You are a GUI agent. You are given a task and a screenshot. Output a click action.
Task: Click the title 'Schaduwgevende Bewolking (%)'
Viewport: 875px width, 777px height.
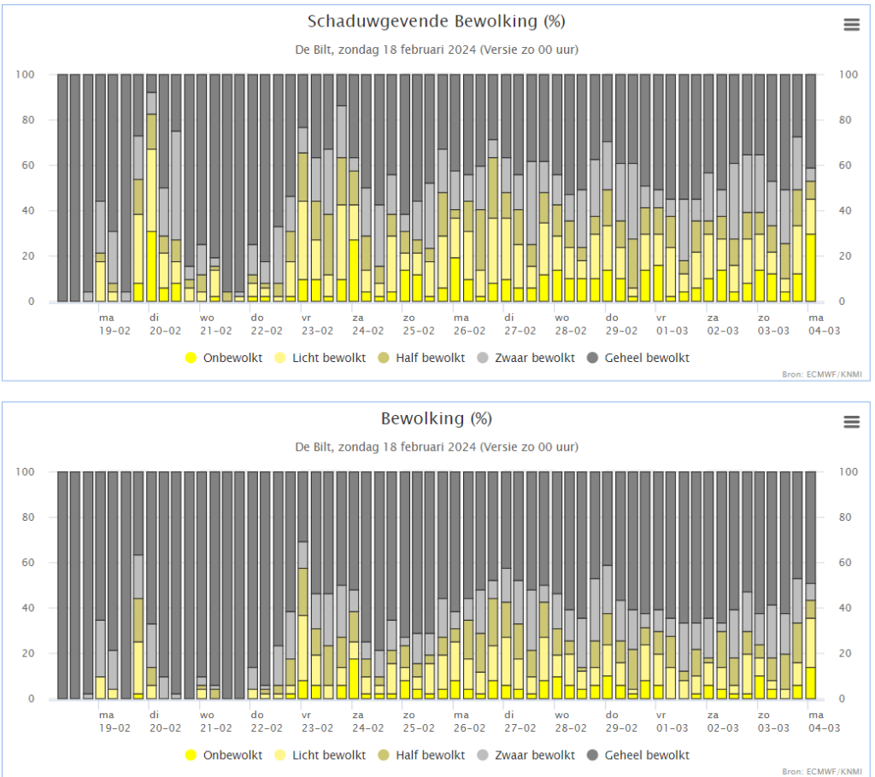point(437,21)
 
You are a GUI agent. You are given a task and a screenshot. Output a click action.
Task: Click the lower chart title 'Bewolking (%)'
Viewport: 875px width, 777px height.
point(437,419)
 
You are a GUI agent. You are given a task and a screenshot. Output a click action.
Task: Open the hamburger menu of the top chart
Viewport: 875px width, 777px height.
point(852,25)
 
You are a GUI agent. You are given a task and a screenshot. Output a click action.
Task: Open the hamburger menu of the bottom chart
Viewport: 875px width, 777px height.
point(852,422)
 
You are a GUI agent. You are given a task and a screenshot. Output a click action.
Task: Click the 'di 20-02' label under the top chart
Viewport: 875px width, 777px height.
point(165,324)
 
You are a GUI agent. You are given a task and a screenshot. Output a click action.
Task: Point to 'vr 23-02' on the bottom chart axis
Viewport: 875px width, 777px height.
point(318,721)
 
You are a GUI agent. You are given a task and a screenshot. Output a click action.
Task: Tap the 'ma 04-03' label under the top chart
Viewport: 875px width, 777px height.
point(825,324)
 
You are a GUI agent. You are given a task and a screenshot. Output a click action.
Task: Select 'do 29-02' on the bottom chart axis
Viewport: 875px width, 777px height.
point(622,721)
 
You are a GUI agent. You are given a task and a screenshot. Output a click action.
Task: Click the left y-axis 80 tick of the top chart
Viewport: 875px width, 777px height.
point(28,120)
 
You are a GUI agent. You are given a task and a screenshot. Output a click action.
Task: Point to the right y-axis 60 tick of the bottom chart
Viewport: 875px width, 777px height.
point(845,562)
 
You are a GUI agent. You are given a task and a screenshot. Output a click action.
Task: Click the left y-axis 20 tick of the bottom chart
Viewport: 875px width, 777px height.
point(28,653)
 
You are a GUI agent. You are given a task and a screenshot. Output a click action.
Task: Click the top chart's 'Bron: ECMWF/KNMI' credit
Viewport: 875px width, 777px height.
point(822,374)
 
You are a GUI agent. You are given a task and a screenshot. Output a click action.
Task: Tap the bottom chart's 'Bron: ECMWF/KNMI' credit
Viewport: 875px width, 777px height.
point(822,771)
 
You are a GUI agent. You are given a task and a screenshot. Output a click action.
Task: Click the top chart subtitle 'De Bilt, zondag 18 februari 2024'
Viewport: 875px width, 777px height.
point(385,50)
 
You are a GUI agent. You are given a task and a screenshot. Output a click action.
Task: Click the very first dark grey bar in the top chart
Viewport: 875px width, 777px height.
point(62,188)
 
